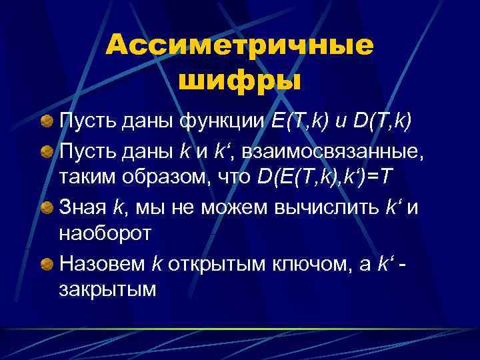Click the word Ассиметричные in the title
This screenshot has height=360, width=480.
point(239,47)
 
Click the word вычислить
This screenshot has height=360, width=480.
point(328,207)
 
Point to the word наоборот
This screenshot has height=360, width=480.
point(105,235)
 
